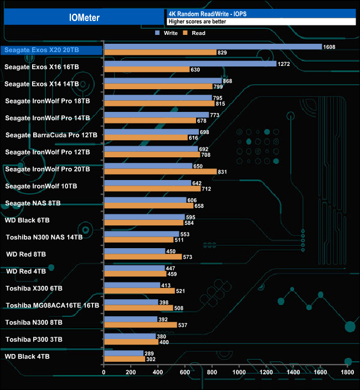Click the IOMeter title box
point(84,17)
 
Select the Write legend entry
point(167,33)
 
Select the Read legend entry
point(196,33)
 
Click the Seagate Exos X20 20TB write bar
point(213,47)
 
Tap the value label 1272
point(284,64)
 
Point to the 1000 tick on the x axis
point(239,373)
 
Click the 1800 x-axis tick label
point(348,373)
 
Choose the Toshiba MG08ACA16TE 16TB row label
point(52,305)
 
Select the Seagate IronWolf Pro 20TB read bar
point(160,172)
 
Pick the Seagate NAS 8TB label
point(33,203)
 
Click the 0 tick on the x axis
point(104,373)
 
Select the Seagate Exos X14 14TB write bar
point(163,81)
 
